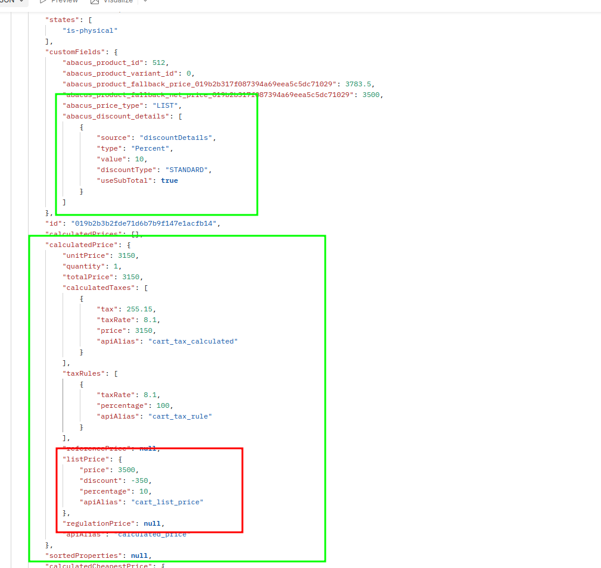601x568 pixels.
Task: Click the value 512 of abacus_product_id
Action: pyautogui.click(x=160, y=63)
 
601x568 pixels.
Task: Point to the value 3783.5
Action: pyautogui.click(x=359, y=84)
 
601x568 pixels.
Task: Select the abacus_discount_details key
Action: pyautogui.click(x=116, y=116)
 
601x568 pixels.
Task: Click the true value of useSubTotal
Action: pyautogui.click(x=169, y=180)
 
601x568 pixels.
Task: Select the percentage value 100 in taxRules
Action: pyautogui.click(x=163, y=405)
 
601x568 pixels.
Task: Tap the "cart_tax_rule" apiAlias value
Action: pyautogui.click(x=180, y=416)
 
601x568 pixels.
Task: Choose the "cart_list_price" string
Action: pyautogui.click(x=167, y=502)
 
